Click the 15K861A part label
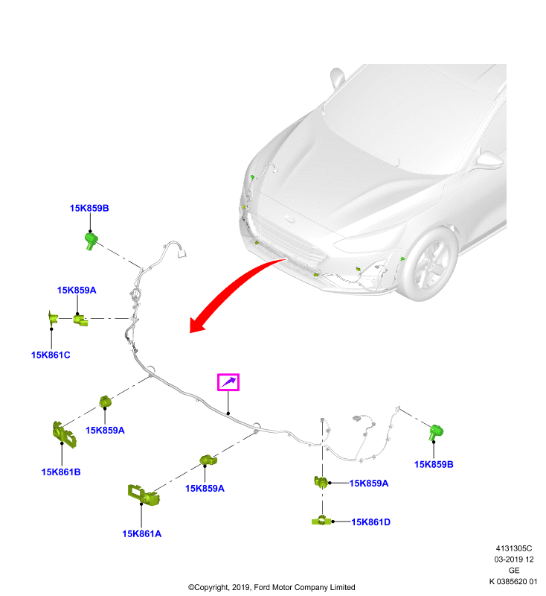click(141, 533)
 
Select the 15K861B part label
click(61, 472)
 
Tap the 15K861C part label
click(51, 355)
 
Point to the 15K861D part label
click(370, 522)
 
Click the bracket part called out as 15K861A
click(143, 495)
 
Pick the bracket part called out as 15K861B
click(64, 434)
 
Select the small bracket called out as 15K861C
click(52, 318)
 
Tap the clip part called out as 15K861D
click(321, 521)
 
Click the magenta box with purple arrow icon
click(228, 382)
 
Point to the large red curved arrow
click(231, 288)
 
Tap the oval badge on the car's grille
click(290, 219)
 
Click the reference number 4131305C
click(514, 548)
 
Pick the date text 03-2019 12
click(514, 559)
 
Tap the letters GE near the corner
click(514, 570)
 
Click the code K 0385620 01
click(513, 581)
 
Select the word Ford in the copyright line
click(262, 587)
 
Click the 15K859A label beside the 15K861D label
click(369, 483)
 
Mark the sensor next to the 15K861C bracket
click(80, 320)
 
